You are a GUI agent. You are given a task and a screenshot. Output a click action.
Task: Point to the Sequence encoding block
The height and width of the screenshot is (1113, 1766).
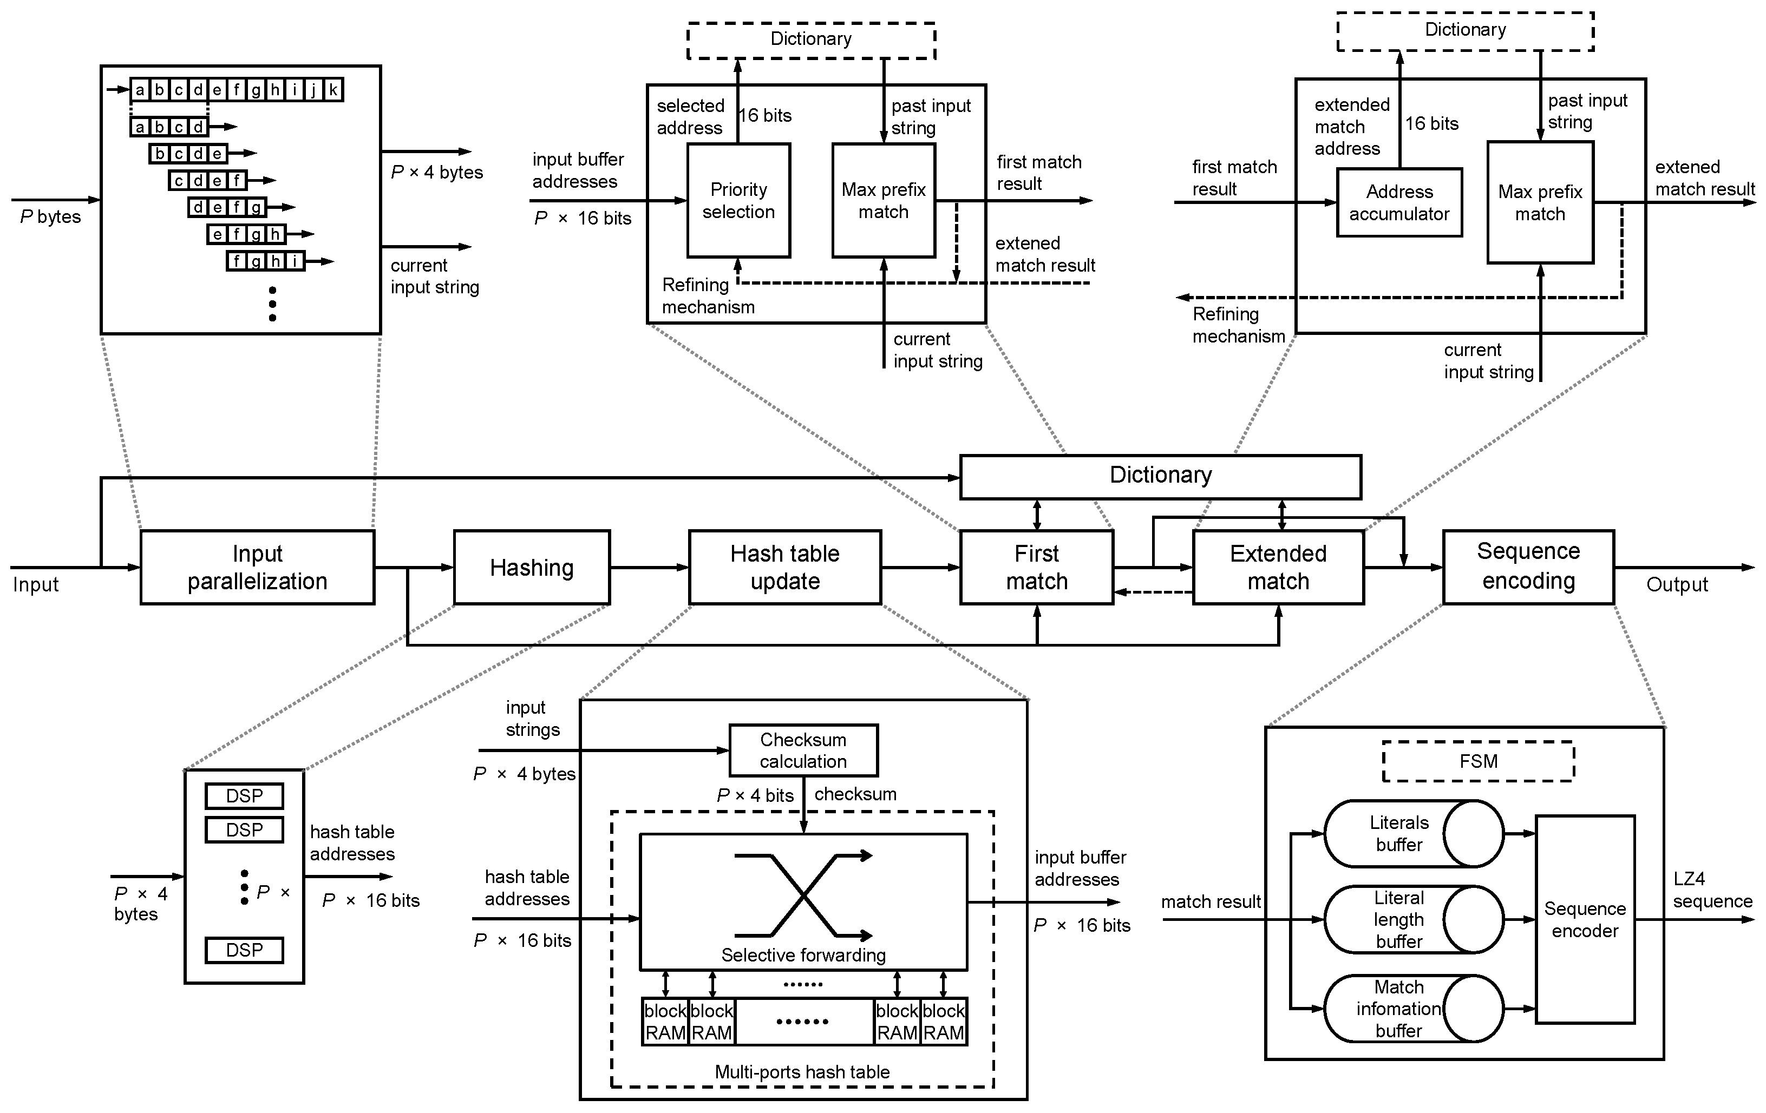[x=1528, y=567]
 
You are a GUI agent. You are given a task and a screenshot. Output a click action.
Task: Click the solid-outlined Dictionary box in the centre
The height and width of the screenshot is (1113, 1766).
[x=1160, y=477]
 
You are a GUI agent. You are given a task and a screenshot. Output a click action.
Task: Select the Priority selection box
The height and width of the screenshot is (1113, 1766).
[x=738, y=200]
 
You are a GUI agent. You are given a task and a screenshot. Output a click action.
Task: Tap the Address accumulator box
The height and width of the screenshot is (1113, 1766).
[x=1399, y=202]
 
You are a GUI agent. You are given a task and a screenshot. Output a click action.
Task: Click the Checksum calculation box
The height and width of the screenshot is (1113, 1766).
[x=803, y=750]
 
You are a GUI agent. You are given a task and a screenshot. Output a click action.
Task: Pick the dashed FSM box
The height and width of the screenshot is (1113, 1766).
[x=1478, y=761]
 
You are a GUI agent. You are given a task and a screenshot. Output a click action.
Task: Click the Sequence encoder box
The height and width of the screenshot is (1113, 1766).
[x=1585, y=919]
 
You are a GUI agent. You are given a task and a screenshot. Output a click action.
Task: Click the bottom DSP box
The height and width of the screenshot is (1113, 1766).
[x=244, y=950]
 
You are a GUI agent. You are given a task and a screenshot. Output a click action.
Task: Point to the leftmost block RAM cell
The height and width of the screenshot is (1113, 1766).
[x=665, y=1022]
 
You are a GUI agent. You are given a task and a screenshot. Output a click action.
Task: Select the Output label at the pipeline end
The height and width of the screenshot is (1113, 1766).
[x=1677, y=584]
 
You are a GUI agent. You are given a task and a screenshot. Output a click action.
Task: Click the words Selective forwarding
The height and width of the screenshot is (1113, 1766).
[x=803, y=954]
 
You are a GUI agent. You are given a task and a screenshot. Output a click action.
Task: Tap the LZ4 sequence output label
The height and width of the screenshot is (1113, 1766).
[x=1712, y=890]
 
